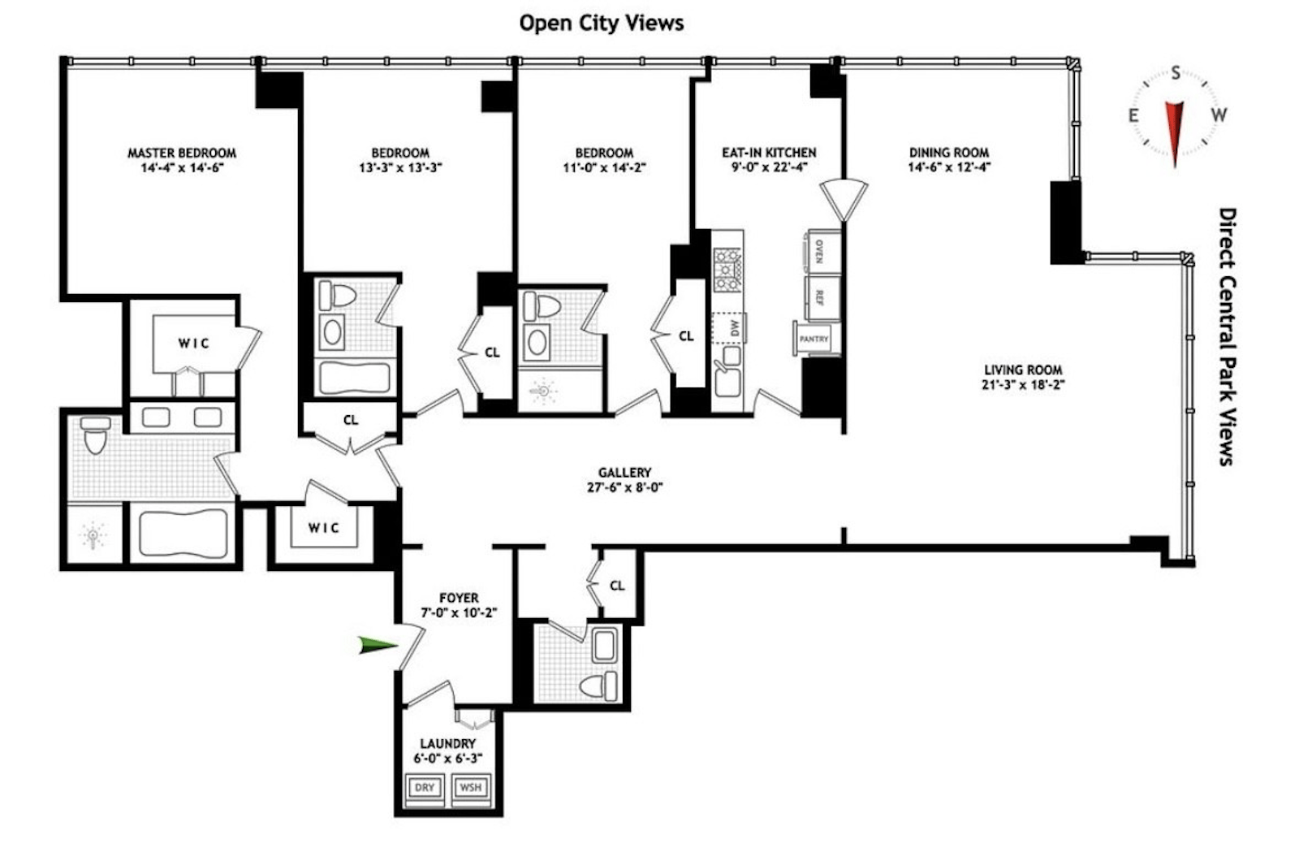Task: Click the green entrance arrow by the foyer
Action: pyautogui.click(x=378, y=646)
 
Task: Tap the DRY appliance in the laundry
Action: pyautogui.click(x=425, y=787)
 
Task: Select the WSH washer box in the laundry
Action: pyautogui.click(x=470, y=787)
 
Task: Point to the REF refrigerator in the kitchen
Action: pyautogui.click(x=820, y=297)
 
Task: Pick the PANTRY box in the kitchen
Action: pyautogui.click(x=814, y=339)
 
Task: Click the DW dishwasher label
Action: pyautogui.click(x=734, y=327)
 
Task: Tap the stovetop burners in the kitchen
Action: pyautogui.click(x=727, y=270)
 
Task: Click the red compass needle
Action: pyautogui.click(x=1174, y=130)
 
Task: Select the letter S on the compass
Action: pyautogui.click(x=1176, y=74)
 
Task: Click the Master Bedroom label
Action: pyautogui.click(x=182, y=153)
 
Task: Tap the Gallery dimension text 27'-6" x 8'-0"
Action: pyautogui.click(x=624, y=487)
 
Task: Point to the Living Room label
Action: pyautogui.click(x=1022, y=370)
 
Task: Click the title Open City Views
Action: pyautogui.click(x=601, y=23)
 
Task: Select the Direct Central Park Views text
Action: pyautogui.click(x=1227, y=336)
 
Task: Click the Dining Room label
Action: pyautogui.click(x=948, y=153)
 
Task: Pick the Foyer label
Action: pyautogui.click(x=459, y=597)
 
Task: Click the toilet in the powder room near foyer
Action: pyautogui.click(x=599, y=685)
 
